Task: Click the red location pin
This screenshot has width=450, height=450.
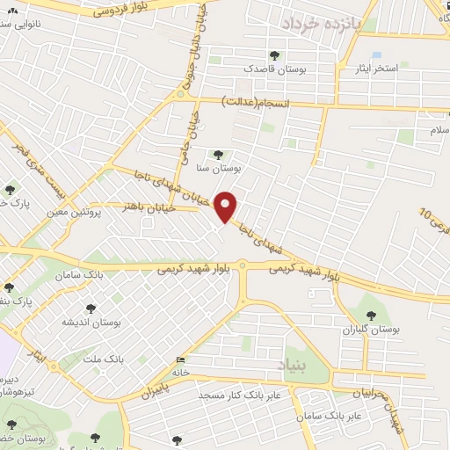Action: coord(226,206)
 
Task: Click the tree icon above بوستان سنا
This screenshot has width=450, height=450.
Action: coord(218,155)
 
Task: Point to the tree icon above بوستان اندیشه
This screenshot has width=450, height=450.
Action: coord(90,308)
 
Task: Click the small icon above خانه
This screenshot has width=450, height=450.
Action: coord(181,359)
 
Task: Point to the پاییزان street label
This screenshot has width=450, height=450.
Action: coord(155,389)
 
